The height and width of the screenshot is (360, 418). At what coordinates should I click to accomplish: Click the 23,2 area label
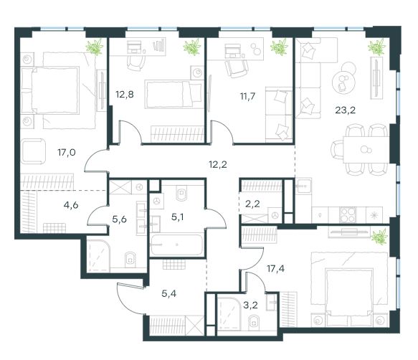click(345, 110)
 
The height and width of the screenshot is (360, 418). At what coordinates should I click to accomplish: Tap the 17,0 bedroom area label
click(67, 153)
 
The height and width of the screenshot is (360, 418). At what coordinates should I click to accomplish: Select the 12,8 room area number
click(125, 95)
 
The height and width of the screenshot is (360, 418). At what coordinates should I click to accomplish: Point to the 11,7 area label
click(247, 96)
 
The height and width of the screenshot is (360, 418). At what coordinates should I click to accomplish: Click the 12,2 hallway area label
click(218, 164)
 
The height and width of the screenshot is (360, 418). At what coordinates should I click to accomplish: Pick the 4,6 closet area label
click(71, 205)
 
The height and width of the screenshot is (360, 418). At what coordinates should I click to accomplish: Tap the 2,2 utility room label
click(252, 204)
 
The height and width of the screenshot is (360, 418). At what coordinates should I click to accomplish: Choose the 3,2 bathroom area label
click(250, 305)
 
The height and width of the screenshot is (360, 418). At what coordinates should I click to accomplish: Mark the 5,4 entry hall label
click(168, 293)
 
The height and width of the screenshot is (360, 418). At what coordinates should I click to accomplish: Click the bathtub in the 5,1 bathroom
click(176, 245)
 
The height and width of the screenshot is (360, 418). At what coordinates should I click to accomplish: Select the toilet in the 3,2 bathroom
click(253, 322)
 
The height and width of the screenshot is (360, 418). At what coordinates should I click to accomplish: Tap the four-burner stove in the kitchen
click(348, 215)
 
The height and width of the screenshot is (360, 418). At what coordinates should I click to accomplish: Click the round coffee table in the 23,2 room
click(343, 82)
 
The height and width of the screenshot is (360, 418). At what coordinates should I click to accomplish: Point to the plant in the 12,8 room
click(192, 47)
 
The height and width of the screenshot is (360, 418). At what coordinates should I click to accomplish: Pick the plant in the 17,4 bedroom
click(379, 237)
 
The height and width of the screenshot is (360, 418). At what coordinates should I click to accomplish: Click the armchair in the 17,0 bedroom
click(33, 151)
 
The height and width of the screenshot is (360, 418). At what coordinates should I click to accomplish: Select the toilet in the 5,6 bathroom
click(130, 260)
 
